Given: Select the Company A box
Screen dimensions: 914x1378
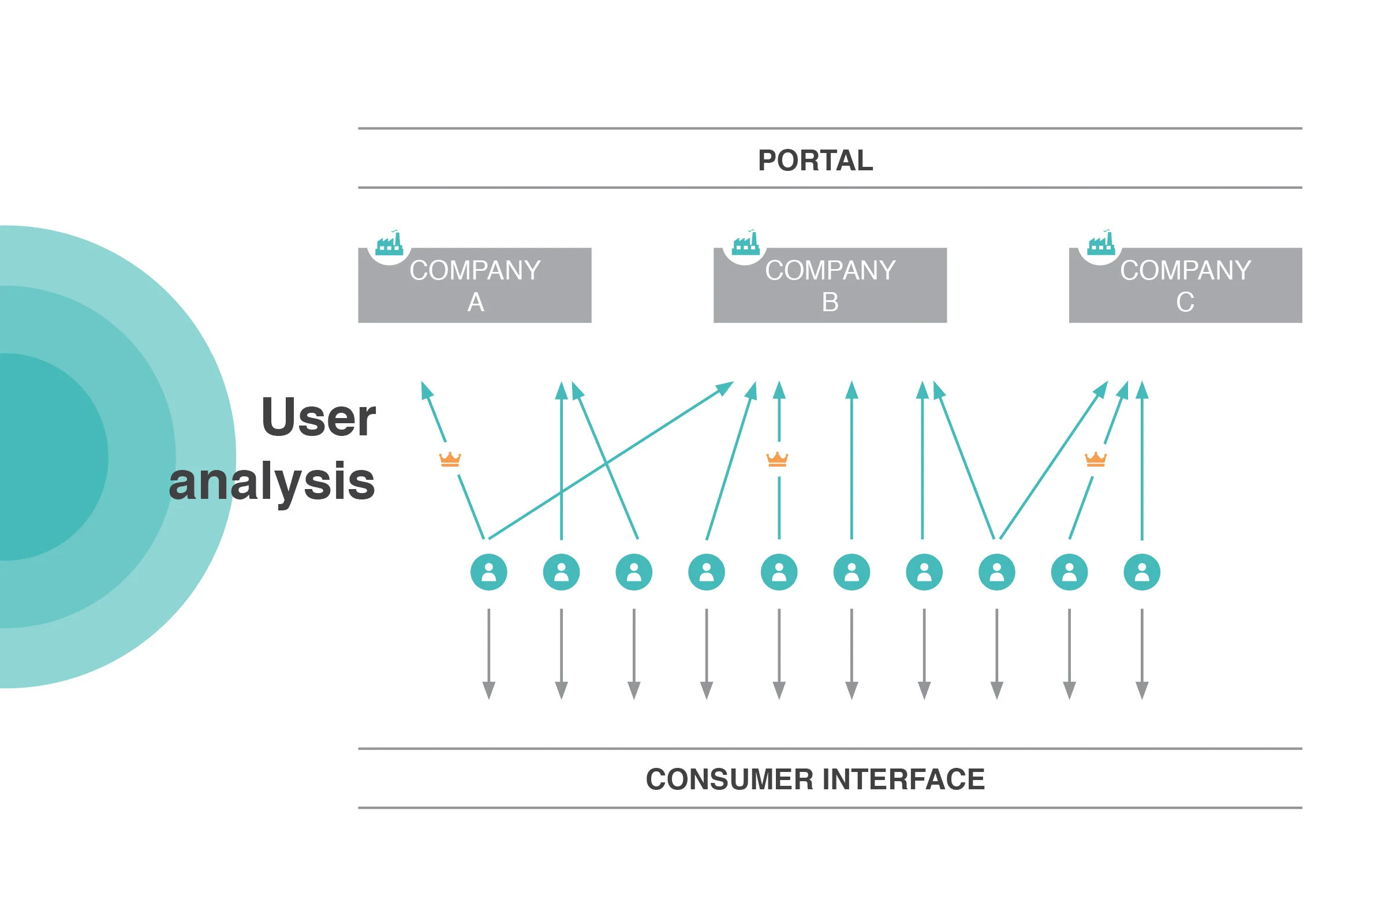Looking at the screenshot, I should coord(475,286).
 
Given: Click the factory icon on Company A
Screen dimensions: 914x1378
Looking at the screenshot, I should coord(389,244).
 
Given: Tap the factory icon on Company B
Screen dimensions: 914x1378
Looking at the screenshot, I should coord(745,244).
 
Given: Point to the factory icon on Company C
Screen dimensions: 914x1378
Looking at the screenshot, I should coord(1101,244).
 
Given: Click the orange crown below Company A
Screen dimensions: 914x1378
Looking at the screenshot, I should coord(450,460).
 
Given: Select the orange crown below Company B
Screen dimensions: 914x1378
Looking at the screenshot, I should coord(776,460).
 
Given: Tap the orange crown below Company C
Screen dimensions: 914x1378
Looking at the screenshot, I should coord(1095,460).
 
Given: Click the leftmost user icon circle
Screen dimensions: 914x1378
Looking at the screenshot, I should coord(488,572).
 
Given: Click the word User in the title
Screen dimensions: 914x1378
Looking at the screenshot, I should coord(318,417).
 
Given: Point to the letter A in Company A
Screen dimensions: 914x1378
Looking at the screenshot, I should coord(476,303).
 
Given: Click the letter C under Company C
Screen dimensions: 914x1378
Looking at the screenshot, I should coord(1185,303).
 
